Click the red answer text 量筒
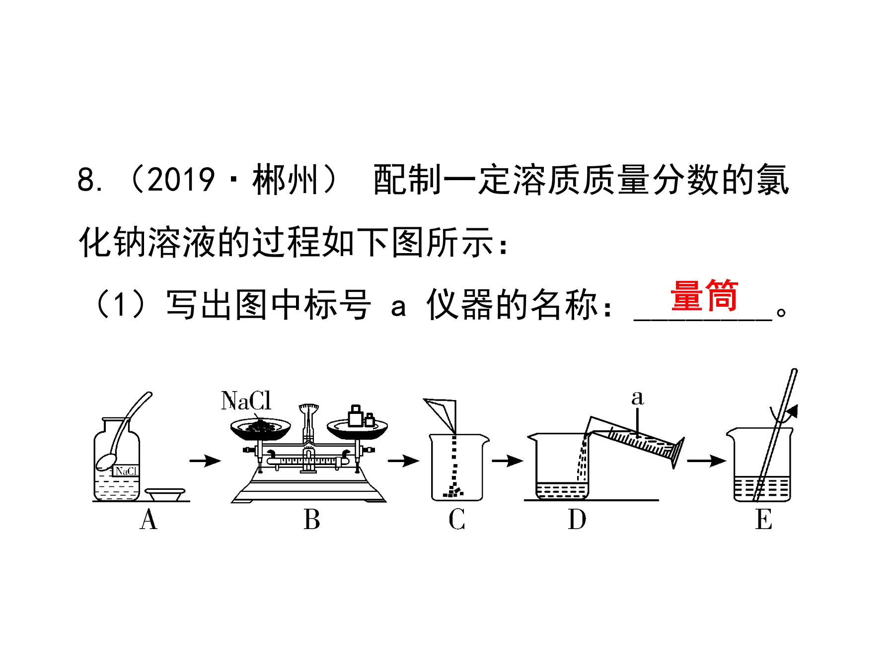pyautogui.click(x=704, y=296)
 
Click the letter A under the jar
pyautogui.click(x=149, y=520)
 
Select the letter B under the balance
pyautogui.click(x=312, y=520)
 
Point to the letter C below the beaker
pyautogui.click(x=457, y=520)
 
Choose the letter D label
pyautogui.click(x=577, y=520)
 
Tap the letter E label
pyautogui.click(x=764, y=520)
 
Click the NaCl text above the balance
pyautogui.click(x=246, y=401)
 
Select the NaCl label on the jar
pyautogui.click(x=126, y=470)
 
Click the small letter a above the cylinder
pyautogui.click(x=638, y=398)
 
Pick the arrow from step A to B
pyautogui.click(x=205, y=461)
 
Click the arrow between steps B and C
pyautogui.click(x=403, y=461)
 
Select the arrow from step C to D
pyautogui.click(x=508, y=461)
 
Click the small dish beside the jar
pyautogui.click(x=165, y=494)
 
